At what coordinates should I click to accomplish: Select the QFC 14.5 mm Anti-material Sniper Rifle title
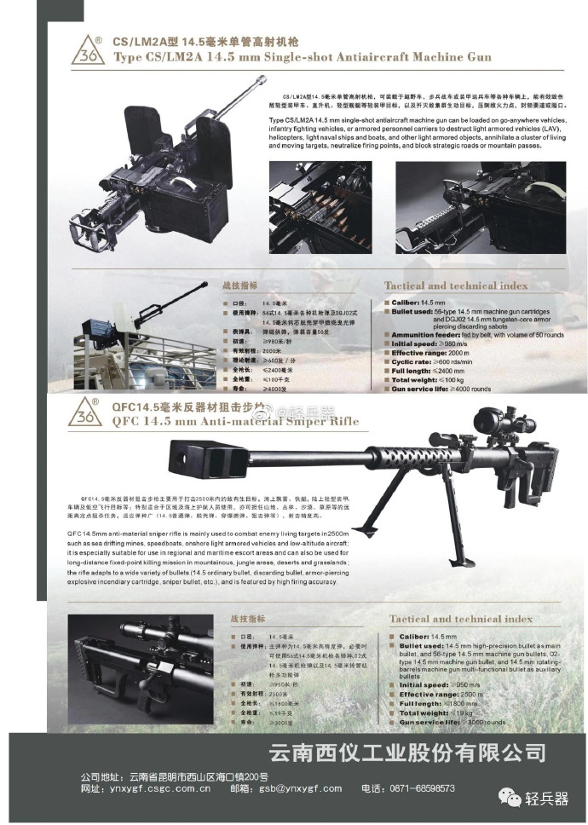236,420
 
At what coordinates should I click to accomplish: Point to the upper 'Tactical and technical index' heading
455,286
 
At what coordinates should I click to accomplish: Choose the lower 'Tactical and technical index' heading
460,619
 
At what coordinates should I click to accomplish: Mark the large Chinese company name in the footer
406,753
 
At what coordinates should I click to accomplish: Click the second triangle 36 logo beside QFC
86,412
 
